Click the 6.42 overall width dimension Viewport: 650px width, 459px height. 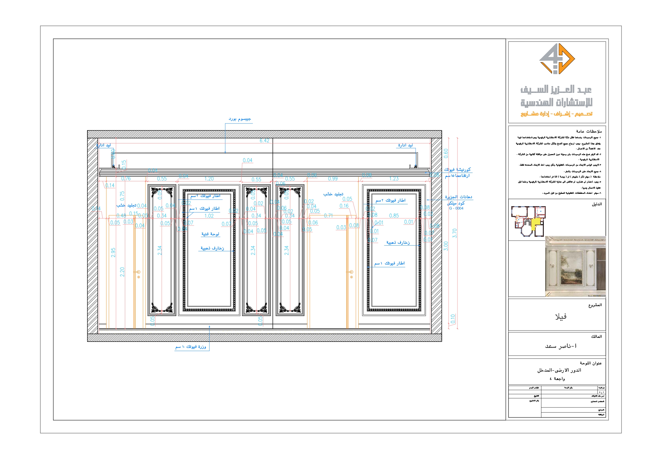click(x=264, y=140)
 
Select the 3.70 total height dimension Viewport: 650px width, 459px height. click(x=454, y=233)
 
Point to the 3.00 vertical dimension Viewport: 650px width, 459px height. click(x=446, y=246)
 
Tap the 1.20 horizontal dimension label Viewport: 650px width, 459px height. click(x=209, y=179)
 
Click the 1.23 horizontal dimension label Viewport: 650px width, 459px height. click(x=394, y=179)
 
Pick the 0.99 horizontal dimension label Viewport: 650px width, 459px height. click(x=333, y=179)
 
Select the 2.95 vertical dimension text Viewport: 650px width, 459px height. click(x=113, y=252)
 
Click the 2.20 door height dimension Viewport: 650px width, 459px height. click(x=122, y=272)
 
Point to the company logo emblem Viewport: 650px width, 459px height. click(x=557, y=59)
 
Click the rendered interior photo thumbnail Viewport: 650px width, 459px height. click(x=575, y=267)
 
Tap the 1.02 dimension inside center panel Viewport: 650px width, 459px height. click(x=209, y=216)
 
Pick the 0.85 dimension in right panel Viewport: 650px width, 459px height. click(x=394, y=216)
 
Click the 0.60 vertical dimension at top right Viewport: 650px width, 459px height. click(x=446, y=153)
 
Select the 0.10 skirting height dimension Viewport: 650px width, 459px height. click(x=453, y=319)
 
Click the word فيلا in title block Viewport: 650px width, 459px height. click(x=560, y=316)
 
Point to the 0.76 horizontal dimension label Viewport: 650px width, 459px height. click(x=126, y=179)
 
